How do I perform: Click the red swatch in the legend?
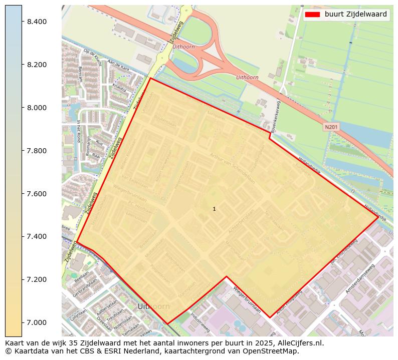(x=313, y=15)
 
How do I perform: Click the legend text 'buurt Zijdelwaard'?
(x=355, y=15)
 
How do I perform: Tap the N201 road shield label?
(x=331, y=127)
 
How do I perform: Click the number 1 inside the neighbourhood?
(x=214, y=209)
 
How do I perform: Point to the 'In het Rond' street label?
(x=79, y=131)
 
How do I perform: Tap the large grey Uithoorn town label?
(x=153, y=306)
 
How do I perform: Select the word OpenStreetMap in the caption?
(x=274, y=351)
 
